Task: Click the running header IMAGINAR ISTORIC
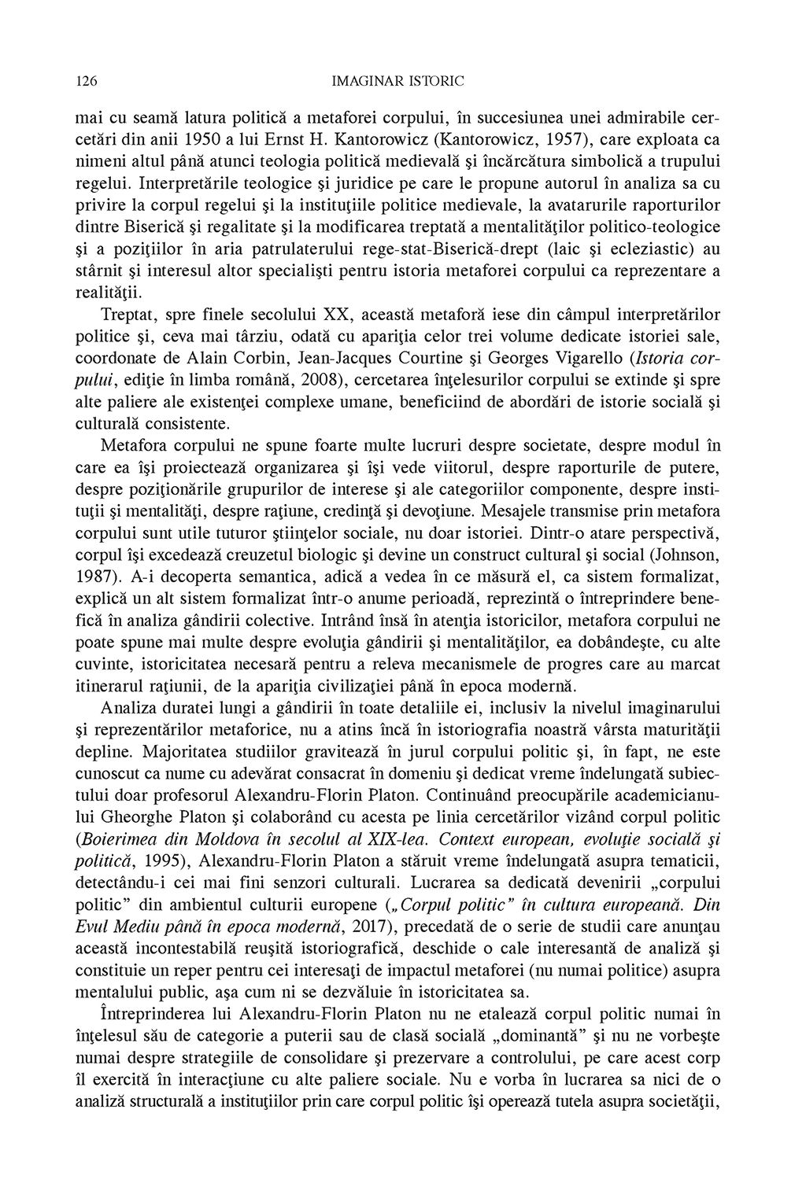(x=398, y=80)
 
